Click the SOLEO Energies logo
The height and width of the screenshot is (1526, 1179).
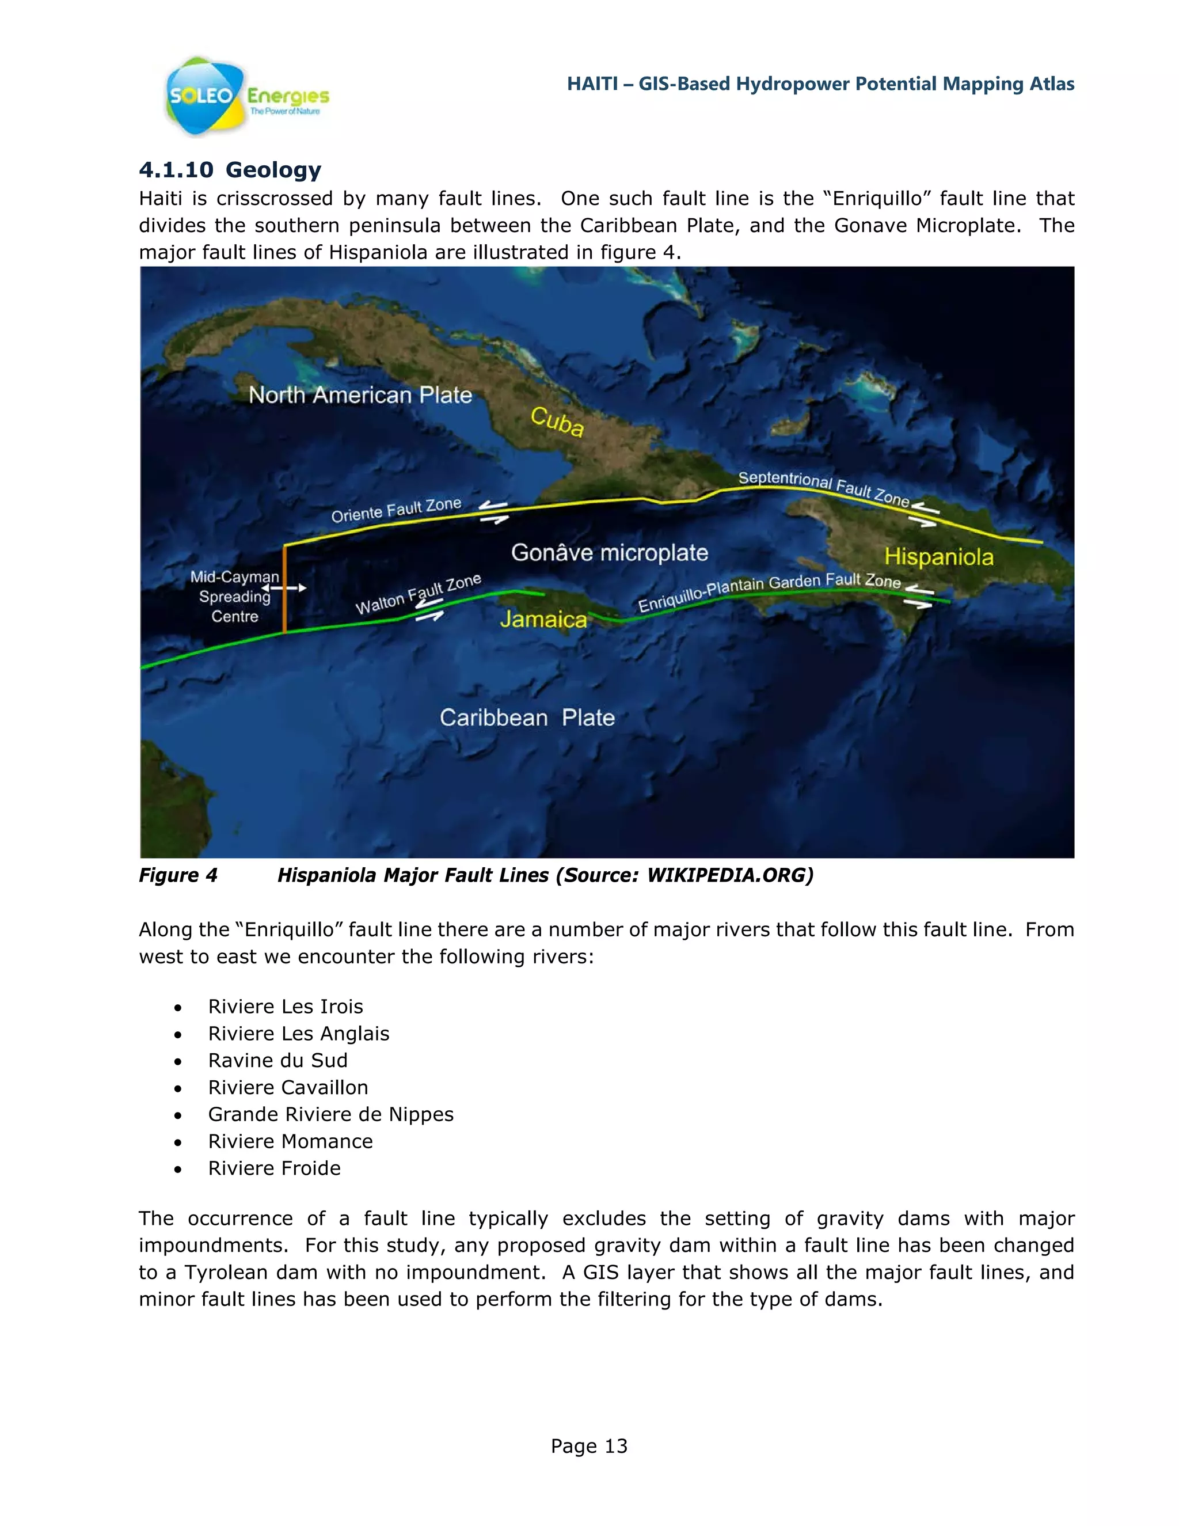click(x=245, y=96)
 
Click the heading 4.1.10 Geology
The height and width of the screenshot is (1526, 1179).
click(x=230, y=170)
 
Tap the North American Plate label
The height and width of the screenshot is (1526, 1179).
click(x=360, y=395)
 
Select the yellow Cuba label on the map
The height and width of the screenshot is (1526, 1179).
click(x=557, y=422)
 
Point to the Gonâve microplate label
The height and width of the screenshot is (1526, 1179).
click(x=609, y=553)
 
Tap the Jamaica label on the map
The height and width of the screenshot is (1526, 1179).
click(x=543, y=619)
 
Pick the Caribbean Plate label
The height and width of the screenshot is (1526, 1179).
click(x=527, y=718)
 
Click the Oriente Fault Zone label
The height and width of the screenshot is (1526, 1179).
click(x=396, y=510)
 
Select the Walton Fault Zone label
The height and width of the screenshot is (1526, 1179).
click(x=418, y=594)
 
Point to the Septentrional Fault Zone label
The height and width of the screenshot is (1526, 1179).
click(x=823, y=488)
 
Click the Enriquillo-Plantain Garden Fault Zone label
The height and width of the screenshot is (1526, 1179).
click(x=769, y=591)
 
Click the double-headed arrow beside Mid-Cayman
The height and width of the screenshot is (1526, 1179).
click(x=284, y=589)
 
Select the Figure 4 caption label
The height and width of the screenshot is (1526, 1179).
click(x=178, y=875)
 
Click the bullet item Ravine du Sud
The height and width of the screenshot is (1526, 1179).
click(x=277, y=1060)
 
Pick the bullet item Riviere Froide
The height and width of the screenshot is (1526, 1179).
click(x=274, y=1168)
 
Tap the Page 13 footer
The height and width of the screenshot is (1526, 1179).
click(x=589, y=1445)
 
